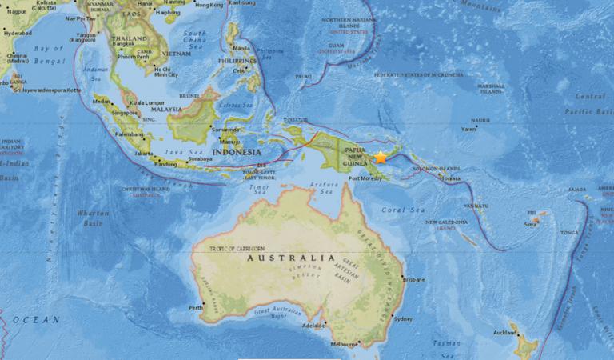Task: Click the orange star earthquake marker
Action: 381,158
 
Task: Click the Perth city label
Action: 195,308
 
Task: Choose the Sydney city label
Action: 403,319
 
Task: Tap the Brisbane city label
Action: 414,279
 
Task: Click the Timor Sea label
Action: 261,189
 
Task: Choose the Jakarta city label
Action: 145,151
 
